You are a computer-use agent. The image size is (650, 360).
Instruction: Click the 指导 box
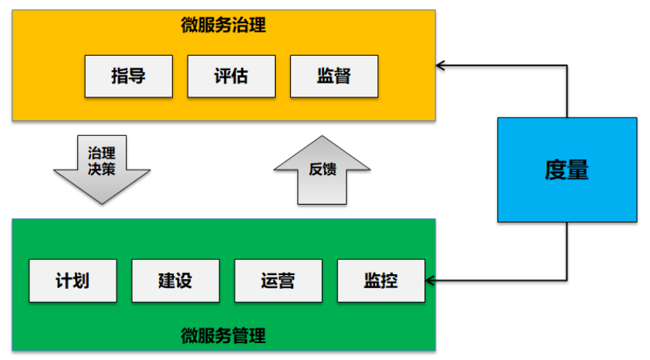(x=129, y=76)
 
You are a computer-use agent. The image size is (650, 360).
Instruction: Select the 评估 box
(x=231, y=76)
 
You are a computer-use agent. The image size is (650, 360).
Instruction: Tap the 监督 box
(x=334, y=76)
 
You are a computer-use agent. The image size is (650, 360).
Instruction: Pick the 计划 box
(x=73, y=280)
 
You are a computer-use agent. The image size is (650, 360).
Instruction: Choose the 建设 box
(x=175, y=280)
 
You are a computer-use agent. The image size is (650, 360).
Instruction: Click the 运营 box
(x=278, y=280)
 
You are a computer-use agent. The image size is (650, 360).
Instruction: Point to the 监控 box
(x=381, y=280)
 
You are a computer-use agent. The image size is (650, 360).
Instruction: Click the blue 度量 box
(x=567, y=170)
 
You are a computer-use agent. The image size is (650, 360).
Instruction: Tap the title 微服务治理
(x=223, y=25)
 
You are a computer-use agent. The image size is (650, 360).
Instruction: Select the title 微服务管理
(x=223, y=336)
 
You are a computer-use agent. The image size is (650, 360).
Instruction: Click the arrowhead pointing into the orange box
(x=442, y=65)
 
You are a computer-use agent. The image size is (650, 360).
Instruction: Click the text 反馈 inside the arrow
(x=322, y=169)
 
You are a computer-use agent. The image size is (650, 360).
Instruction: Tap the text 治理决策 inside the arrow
(x=102, y=160)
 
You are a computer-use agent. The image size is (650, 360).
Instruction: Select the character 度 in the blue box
(x=556, y=170)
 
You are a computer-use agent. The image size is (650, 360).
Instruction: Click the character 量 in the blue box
(x=578, y=170)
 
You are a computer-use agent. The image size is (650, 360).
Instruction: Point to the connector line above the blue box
(x=567, y=91)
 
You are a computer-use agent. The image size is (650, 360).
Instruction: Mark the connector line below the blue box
(x=567, y=251)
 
